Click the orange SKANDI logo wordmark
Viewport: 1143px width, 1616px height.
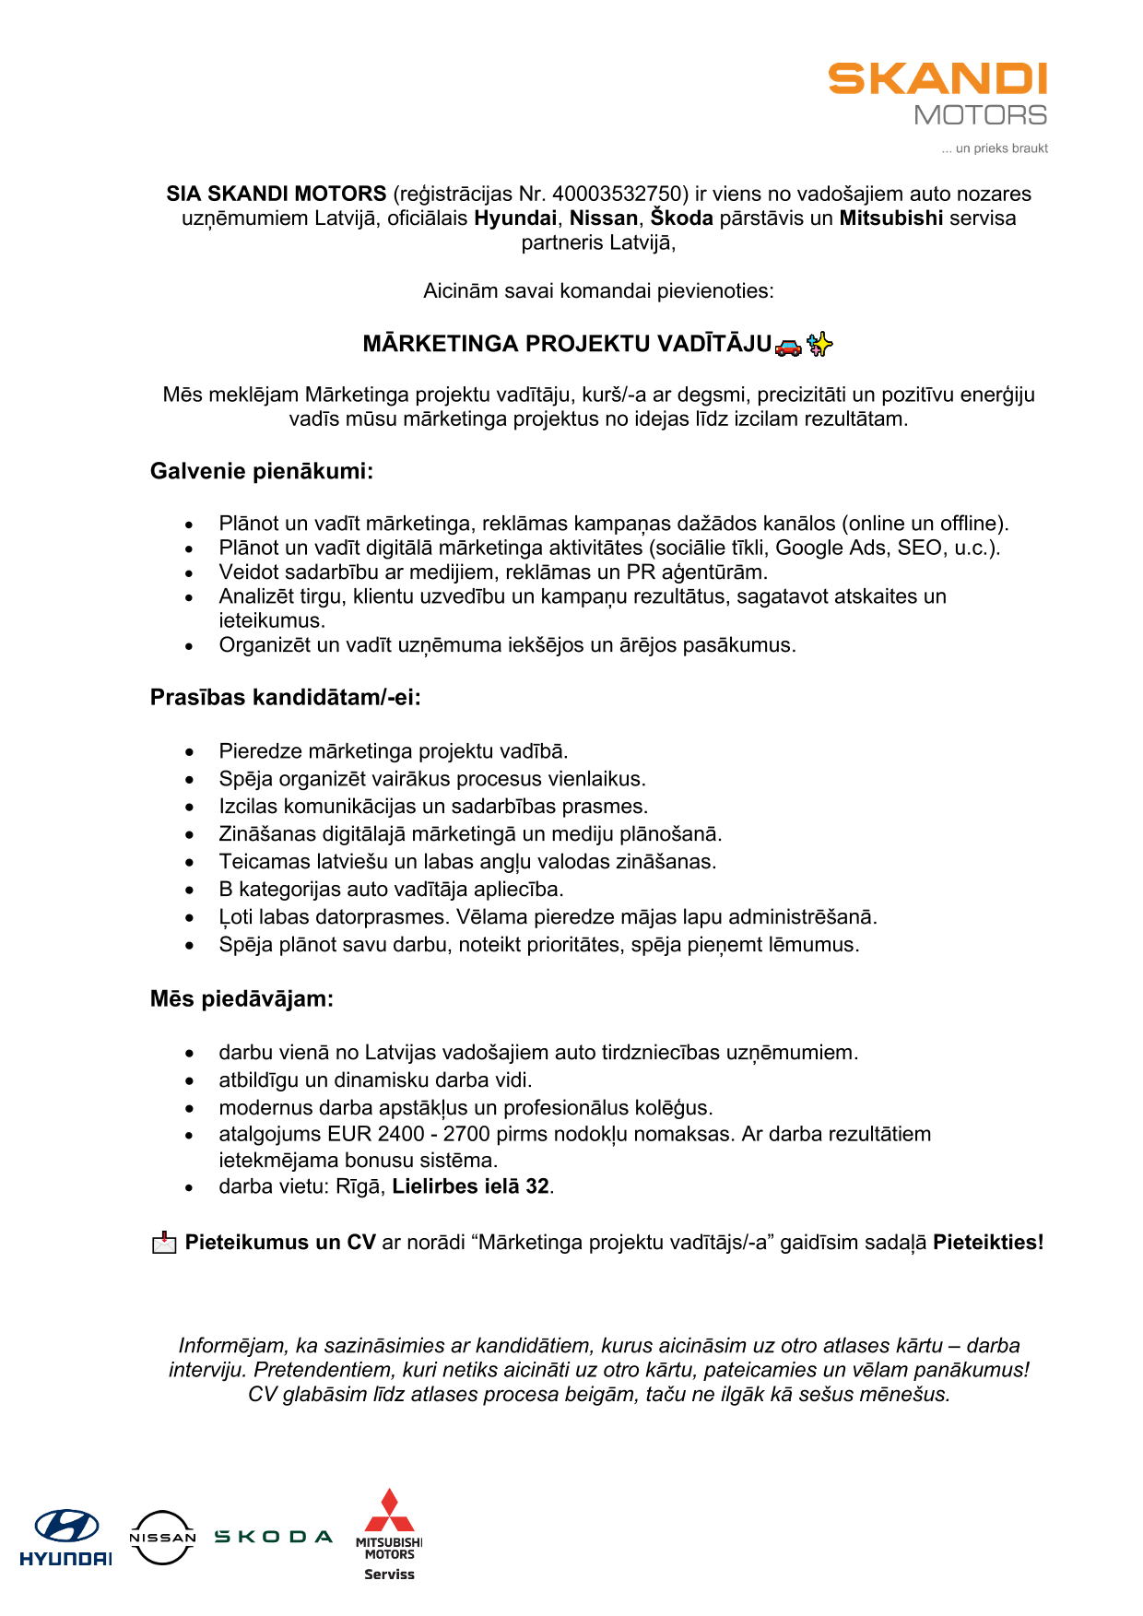[937, 79]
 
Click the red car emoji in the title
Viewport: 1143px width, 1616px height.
[788, 346]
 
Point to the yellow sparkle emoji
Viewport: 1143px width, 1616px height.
[819, 345]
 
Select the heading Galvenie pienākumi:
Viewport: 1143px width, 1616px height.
[262, 471]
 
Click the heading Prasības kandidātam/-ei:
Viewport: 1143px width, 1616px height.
[285, 697]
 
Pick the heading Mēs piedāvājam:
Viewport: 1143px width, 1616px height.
[242, 998]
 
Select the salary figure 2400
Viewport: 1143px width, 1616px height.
[401, 1134]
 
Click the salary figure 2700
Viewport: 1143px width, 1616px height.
[466, 1134]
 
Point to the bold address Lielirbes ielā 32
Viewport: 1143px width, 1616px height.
[470, 1186]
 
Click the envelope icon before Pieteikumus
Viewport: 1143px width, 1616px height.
[164, 1243]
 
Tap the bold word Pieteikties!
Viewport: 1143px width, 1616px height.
[988, 1242]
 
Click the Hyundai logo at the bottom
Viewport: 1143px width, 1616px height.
[66, 1538]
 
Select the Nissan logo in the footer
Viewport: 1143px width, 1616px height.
[162, 1537]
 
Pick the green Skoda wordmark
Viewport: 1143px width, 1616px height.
[273, 1536]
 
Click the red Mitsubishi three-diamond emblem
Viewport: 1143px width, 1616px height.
[389, 1511]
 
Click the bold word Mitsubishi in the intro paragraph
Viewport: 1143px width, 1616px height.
[890, 218]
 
